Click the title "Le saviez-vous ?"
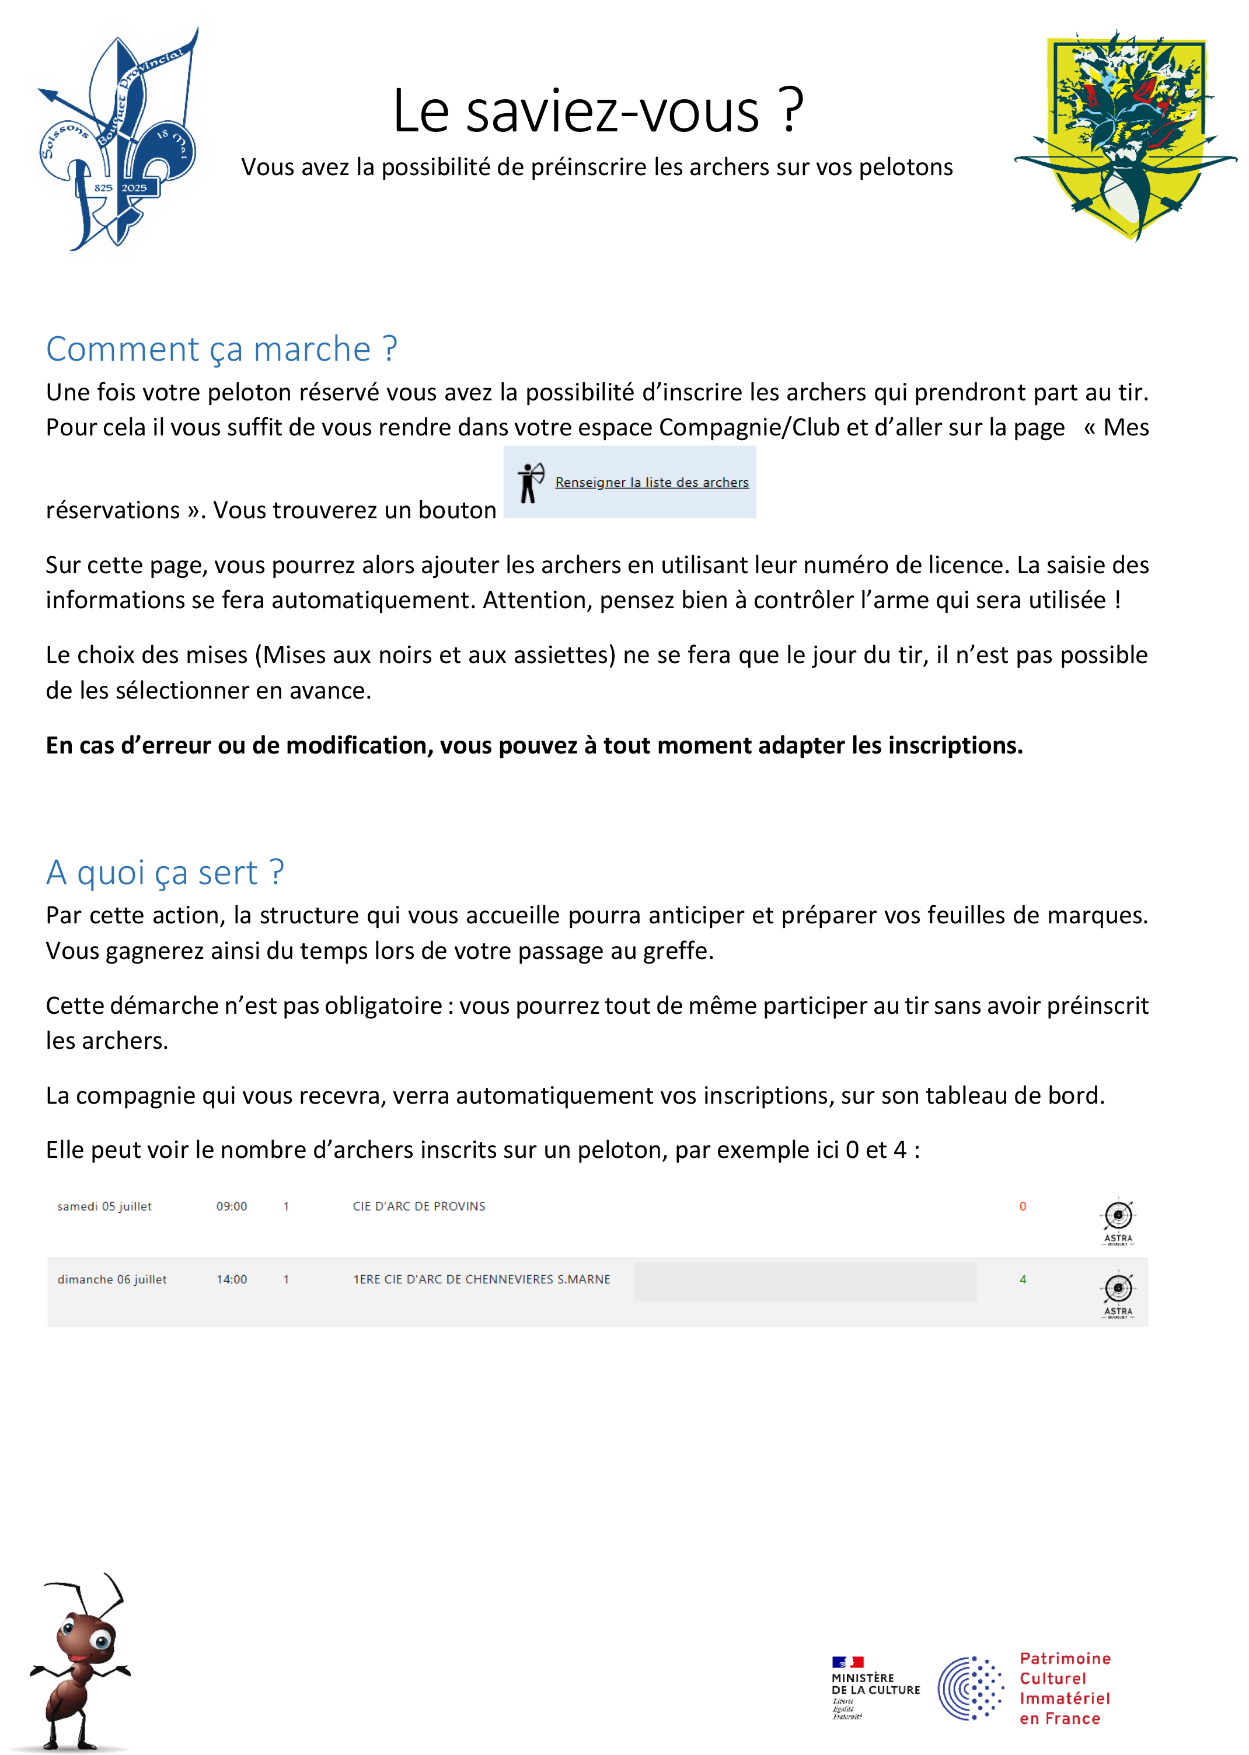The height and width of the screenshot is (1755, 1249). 598,111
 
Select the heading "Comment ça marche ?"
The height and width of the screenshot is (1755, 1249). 222,349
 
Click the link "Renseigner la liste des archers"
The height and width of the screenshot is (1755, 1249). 651,482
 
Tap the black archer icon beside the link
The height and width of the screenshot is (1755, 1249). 530,482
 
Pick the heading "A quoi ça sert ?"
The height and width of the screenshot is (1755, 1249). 165,873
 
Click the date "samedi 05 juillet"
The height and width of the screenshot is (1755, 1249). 104,1206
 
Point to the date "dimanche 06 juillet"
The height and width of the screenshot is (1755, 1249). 111,1279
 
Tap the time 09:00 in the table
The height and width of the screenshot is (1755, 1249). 232,1206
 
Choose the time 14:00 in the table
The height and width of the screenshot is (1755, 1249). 232,1279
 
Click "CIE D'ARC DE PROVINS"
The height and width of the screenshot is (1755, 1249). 419,1206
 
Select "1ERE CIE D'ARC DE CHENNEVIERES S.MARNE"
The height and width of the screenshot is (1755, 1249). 482,1279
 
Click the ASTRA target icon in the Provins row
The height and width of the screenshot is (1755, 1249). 1118,1220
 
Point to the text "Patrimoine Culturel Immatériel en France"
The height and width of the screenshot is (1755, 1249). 1065,1688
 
